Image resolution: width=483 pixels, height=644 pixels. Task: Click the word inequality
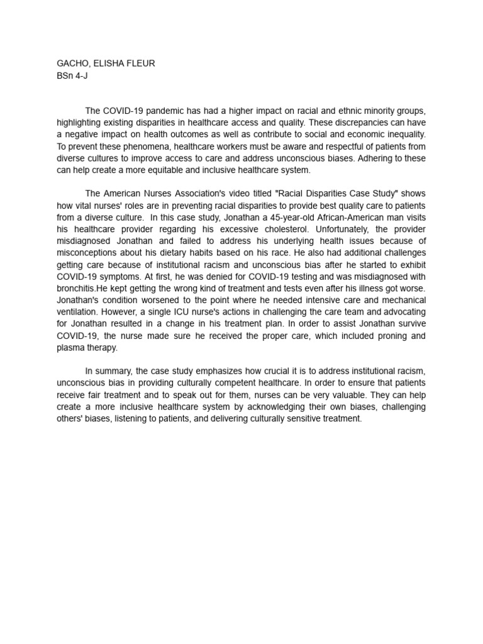401,135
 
